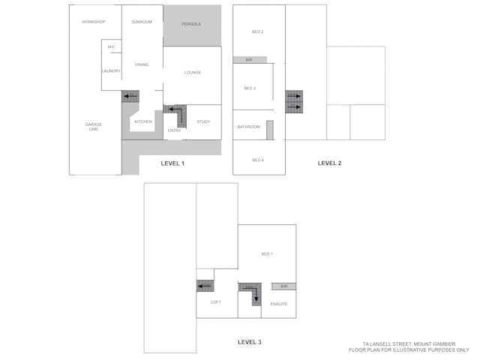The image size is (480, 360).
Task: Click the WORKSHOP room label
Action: [93, 22]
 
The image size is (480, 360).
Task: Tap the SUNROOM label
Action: [142, 22]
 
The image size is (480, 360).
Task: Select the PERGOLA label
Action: [191, 24]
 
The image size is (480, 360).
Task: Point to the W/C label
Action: [111, 46]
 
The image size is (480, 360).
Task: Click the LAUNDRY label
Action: [111, 71]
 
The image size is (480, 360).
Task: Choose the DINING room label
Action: [142, 64]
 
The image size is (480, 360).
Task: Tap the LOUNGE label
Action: [193, 73]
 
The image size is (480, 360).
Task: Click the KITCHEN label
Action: [143, 121]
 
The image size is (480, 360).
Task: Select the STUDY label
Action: [203, 121]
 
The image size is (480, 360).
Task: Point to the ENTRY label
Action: [174, 130]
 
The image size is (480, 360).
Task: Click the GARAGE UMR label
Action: [93, 127]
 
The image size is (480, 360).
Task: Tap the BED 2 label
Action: [258, 31]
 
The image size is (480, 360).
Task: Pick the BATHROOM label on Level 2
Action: [248, 127]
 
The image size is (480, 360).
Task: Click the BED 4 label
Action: [258, 160]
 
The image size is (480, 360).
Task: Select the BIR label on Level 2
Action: [249, 60]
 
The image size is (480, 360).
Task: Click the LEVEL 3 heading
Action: [250, 342]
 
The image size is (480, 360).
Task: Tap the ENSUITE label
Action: [279, 304]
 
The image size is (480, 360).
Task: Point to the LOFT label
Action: [216, 302]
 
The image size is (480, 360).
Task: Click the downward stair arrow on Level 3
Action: [256, 295]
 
